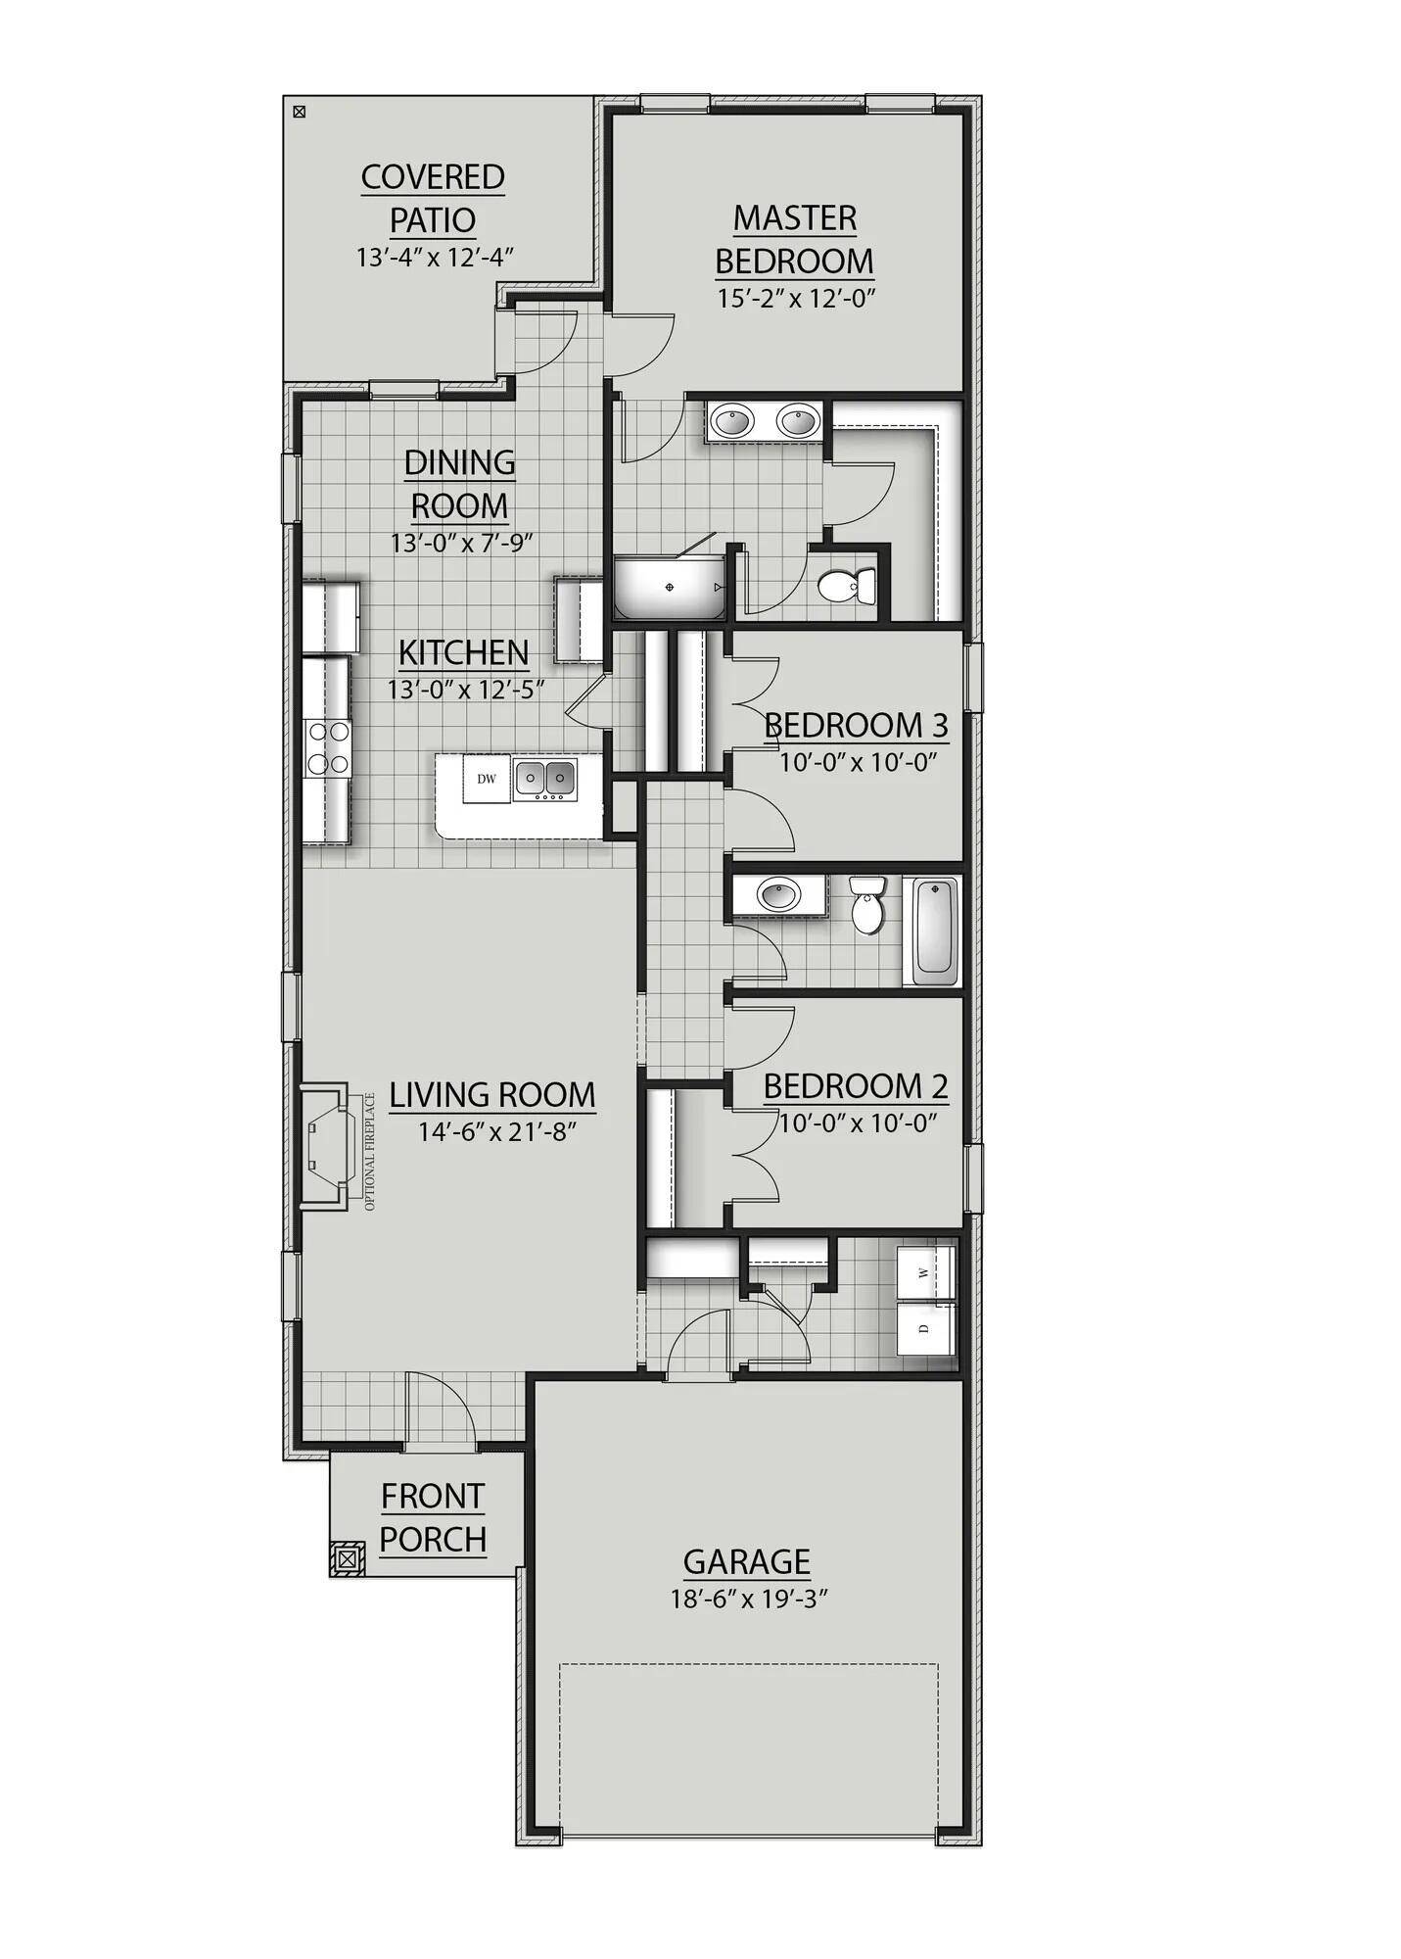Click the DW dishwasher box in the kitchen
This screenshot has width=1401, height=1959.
[487, 780]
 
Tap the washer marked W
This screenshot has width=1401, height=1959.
[925, 1272]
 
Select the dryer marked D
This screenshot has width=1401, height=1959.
[925, 1328]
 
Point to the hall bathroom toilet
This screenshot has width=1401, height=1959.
[866, 905]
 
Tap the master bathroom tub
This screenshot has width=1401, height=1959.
[670, 587]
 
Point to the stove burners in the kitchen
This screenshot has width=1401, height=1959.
[327, 747]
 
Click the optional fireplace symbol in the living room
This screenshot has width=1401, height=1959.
[324, 1146]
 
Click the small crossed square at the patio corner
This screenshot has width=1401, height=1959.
[300, 112]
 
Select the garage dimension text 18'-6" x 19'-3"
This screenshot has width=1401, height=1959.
[750, 1600]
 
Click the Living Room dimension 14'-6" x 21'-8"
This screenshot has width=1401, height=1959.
[497, 1132]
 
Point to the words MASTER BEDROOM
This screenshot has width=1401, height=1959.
[794, 240]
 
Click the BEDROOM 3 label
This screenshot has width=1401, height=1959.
[856, 726]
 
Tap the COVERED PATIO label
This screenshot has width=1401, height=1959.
[433, 199]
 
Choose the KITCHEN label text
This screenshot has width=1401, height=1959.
[463, 652]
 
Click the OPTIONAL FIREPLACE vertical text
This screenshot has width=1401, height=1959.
[370, 1151]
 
